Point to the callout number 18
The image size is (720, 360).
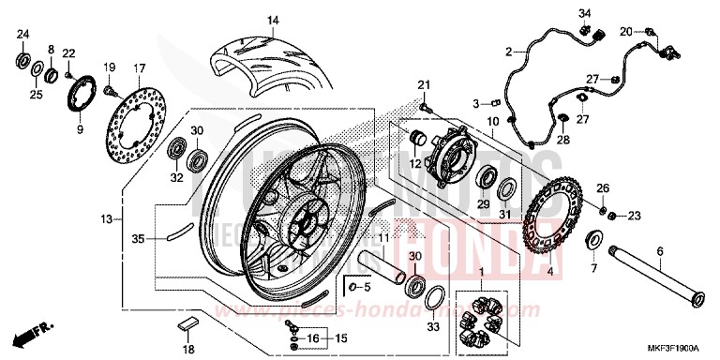[x=187, y=349]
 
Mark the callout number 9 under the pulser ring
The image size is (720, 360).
[x=79, y=129]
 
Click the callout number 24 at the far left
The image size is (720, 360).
[x=23, y=36]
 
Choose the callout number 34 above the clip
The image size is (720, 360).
[x=584, y=12]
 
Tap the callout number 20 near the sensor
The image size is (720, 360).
[x=626, y=32]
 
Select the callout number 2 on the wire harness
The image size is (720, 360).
[x=508, y=51]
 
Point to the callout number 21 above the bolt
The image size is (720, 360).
[x=424, y=86]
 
